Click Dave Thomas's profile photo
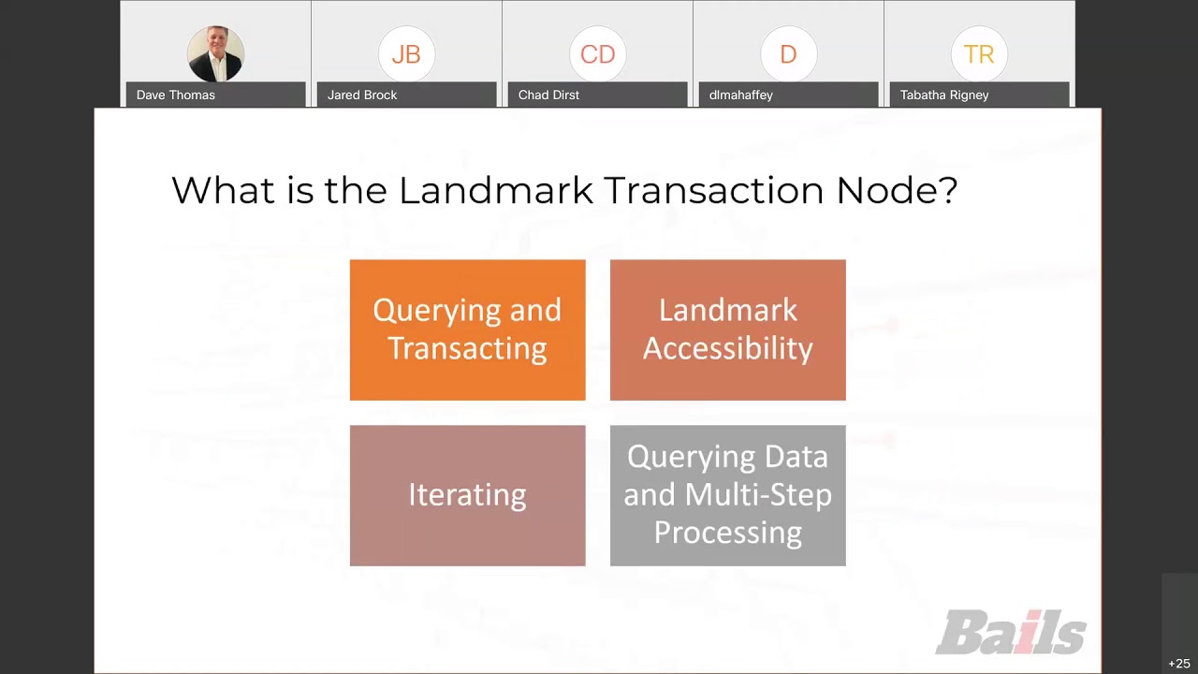(215, 53)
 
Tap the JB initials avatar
(406, 54)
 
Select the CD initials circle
(597, 54)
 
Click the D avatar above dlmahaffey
(788, 54)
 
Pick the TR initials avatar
(979, 54)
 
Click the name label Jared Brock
(362, 95)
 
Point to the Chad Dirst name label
(548, 95)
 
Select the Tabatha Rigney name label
(943, 95)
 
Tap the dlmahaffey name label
(740, 95)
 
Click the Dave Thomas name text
(176, 95)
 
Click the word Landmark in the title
(496, 190)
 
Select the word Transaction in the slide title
(714, 190)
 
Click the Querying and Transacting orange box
(467, 330)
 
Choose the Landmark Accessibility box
(727, 330)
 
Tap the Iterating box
(467, 495)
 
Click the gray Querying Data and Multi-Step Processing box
(727, 495)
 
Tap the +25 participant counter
(1179, 664)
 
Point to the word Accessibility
(727, 349)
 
